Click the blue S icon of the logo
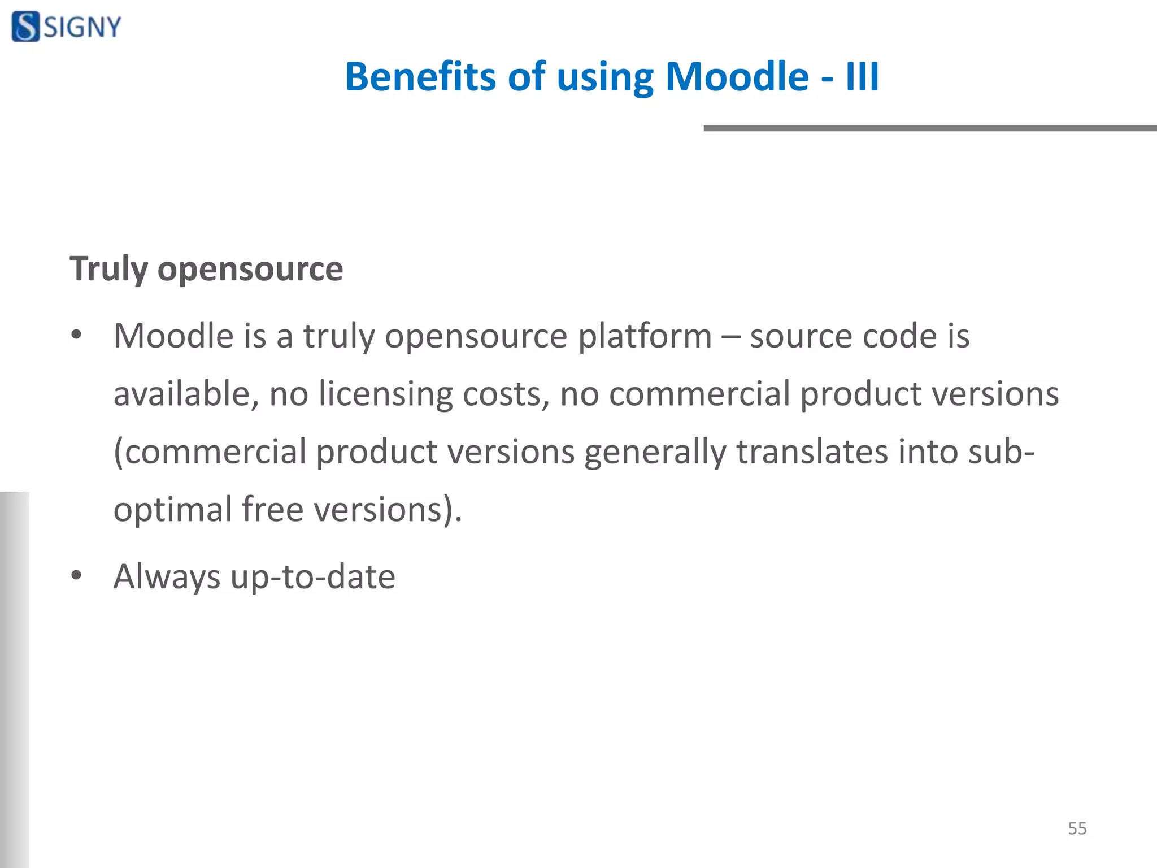[26, 27]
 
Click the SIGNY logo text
[82, 27]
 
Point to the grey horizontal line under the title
[929, 129]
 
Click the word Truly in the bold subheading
[108, 268]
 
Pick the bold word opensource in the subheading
[250, 270]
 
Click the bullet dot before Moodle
[76, 335]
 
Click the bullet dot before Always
[76, 576]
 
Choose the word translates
[812, 452]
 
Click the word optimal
[172, 510]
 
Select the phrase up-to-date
[313, 577]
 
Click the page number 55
[1077, 828]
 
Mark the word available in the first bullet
[186, 394]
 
